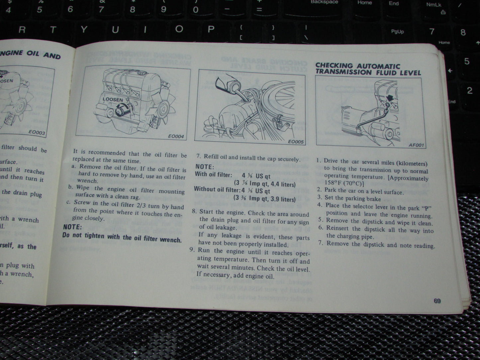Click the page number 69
[437, 301]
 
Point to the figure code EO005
[296, 142]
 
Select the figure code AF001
[417, 145]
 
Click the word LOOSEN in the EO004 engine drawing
[113, 99]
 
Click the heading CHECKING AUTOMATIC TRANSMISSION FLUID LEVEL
[368, 69]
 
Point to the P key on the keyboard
[211, 29]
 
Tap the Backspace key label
[324, 2]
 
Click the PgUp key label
[397, 32]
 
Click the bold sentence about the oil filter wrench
[122, 238]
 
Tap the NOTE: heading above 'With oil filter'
[205, 166]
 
